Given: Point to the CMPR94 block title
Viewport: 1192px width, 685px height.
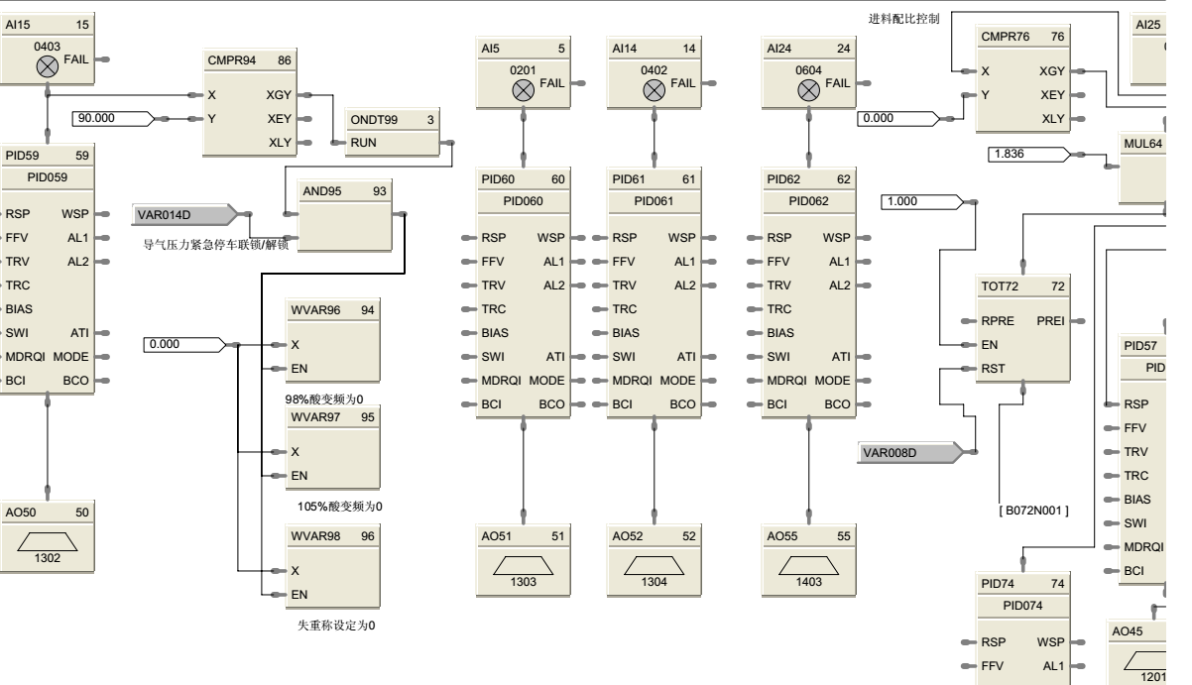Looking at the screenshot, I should [232, 60].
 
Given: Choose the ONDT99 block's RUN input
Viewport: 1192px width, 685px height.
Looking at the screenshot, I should [364, 143].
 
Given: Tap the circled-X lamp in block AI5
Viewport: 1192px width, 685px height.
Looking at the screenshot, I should [523, 89].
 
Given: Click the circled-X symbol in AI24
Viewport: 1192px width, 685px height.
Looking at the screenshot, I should [808, 89].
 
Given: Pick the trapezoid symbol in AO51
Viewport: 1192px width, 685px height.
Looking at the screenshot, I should [523, 563].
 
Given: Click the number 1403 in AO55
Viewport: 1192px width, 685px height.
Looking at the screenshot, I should [808, 581].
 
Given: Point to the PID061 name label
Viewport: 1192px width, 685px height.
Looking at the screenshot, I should [654, 201].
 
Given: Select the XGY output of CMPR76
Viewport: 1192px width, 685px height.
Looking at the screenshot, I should [1052, 71].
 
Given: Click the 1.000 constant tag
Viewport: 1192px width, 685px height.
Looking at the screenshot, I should [917, 202].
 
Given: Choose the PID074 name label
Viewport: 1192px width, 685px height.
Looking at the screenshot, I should [1024, 606].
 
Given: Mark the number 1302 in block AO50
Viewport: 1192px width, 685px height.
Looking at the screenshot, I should [47, 558].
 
